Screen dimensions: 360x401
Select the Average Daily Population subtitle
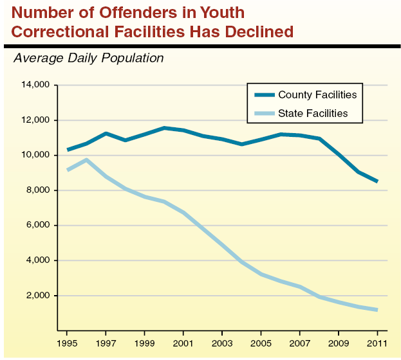pyautogui.click(x=89, y=59)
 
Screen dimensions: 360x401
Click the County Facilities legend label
pyautogui.click(x=317, y=94)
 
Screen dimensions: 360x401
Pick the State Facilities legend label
pyautogui.click(x=313, y=113)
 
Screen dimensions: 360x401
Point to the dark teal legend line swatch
pyautogui.click(x=264, y=94)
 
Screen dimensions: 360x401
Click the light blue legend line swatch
pyautogui.click(x=264, y=113)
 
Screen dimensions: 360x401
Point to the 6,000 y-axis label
pyautogui.click(x=38, y=226)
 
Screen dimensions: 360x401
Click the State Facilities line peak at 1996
pyautogui.click(x=86, y=159)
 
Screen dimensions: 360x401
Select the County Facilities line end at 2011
pyautogui.click(x=377, y=181)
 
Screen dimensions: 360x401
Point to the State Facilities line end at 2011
pyautogui.click(x=377, y=310)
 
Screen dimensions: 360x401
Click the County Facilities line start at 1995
pyautogui.click(x=67, y=150)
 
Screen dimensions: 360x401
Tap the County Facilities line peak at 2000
pyautogui.click(x=164, y=128)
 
